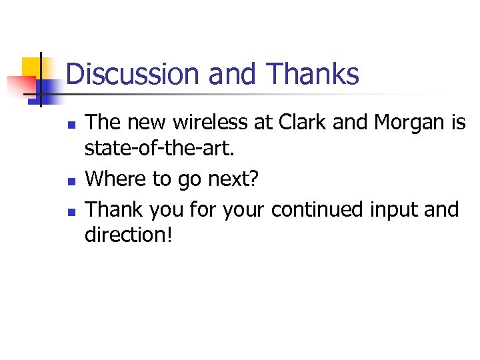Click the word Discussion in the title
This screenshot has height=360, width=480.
point(133,74)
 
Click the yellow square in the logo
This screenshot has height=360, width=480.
point(32,67)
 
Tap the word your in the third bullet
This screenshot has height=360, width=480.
point(244,211)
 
